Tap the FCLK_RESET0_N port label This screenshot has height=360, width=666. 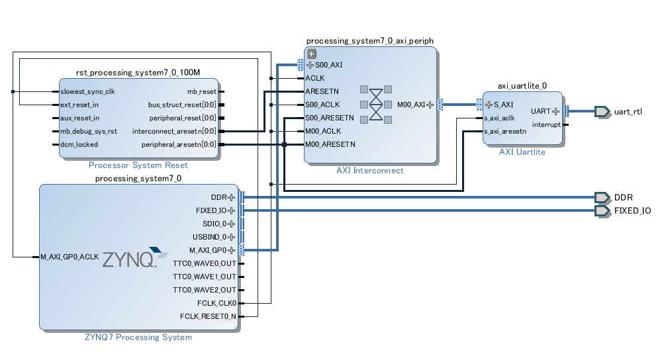[x=208, y=316]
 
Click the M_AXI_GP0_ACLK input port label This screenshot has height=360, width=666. [x=70, y=257]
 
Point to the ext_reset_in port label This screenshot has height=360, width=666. [x=79, y=105]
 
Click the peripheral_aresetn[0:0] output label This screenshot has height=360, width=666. [x=179, y=144]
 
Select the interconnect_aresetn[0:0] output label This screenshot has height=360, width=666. [x=174, y=131]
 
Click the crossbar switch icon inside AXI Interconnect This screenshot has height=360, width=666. [x=376, y=105]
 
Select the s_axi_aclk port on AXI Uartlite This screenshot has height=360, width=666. [x=499, y=118]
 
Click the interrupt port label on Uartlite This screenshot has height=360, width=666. [x=546, y=124]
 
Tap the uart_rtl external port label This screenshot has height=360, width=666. [x=628, y=111]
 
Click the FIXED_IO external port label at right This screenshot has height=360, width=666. [x=632, y=210]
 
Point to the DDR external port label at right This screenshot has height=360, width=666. [x=623, y=197]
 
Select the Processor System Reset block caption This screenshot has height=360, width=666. [x=138, y=165]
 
